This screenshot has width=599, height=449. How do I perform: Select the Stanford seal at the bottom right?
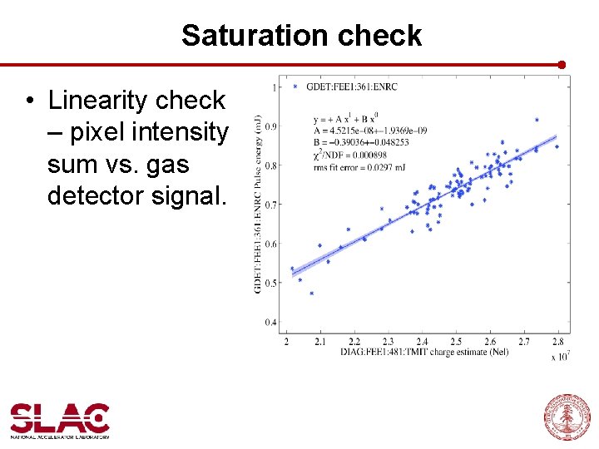(567, 417)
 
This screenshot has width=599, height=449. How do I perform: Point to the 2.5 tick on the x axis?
(456, 342)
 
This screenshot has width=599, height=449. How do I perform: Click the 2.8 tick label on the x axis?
(557, 342)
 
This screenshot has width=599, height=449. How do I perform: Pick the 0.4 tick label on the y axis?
(271, 323)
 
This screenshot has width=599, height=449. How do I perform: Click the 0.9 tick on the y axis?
(271, 126)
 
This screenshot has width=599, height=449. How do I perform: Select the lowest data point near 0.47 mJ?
(311, 293)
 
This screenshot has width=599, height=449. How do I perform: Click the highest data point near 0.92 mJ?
(537, 120)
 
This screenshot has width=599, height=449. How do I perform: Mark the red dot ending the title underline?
(562, 64)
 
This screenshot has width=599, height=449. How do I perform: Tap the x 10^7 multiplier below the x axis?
(560, 356)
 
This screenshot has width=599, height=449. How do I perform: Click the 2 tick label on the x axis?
(287, 342)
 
